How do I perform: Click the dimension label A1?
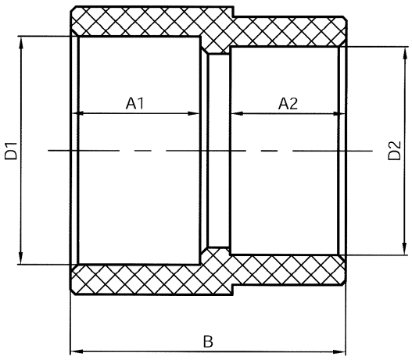tap(135, 103)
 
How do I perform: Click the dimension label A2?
tap(288, 103)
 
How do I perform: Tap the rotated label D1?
tap(11, 151)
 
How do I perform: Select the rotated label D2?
tap(395, 151)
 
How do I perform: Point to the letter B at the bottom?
tap(208, 341)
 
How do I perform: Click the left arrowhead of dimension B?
tap(77, 351)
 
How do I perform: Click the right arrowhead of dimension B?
tap(339, 351)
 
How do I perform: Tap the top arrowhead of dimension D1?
tap(21, 42)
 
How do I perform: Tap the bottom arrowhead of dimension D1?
tap(21, 258)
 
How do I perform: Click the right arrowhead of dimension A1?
tap(194, 113)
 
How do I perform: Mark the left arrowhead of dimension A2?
tap(237, 113)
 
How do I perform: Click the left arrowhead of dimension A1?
tap(78, 113)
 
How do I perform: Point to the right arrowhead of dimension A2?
tap(339, 113)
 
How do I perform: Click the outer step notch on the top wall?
tap(233, 12)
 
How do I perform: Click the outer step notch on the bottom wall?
tap(233, 290)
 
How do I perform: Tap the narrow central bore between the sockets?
tap(219, 151)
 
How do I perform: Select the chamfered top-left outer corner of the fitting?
tap(73, 9)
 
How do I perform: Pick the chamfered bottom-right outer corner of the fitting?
tap(343, 282)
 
